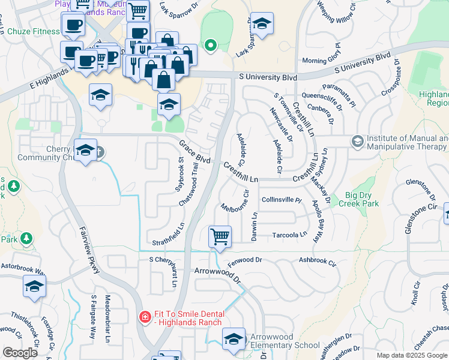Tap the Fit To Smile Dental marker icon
click(x=144, y=316)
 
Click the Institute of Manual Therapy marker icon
click(x=357, y=141)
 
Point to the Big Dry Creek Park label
click(x=363, y=199)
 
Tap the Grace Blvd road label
click(x=194, y=152)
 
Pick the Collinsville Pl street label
click(x=281, y=199)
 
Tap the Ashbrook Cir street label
click(x=318, y=262)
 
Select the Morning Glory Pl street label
click(x=322, y=61)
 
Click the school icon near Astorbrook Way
click(x=34, y=287)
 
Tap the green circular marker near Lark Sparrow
click(x=210, y=45)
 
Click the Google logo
click(x=19, y=353)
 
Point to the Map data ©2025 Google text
click(x=411, y=355)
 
